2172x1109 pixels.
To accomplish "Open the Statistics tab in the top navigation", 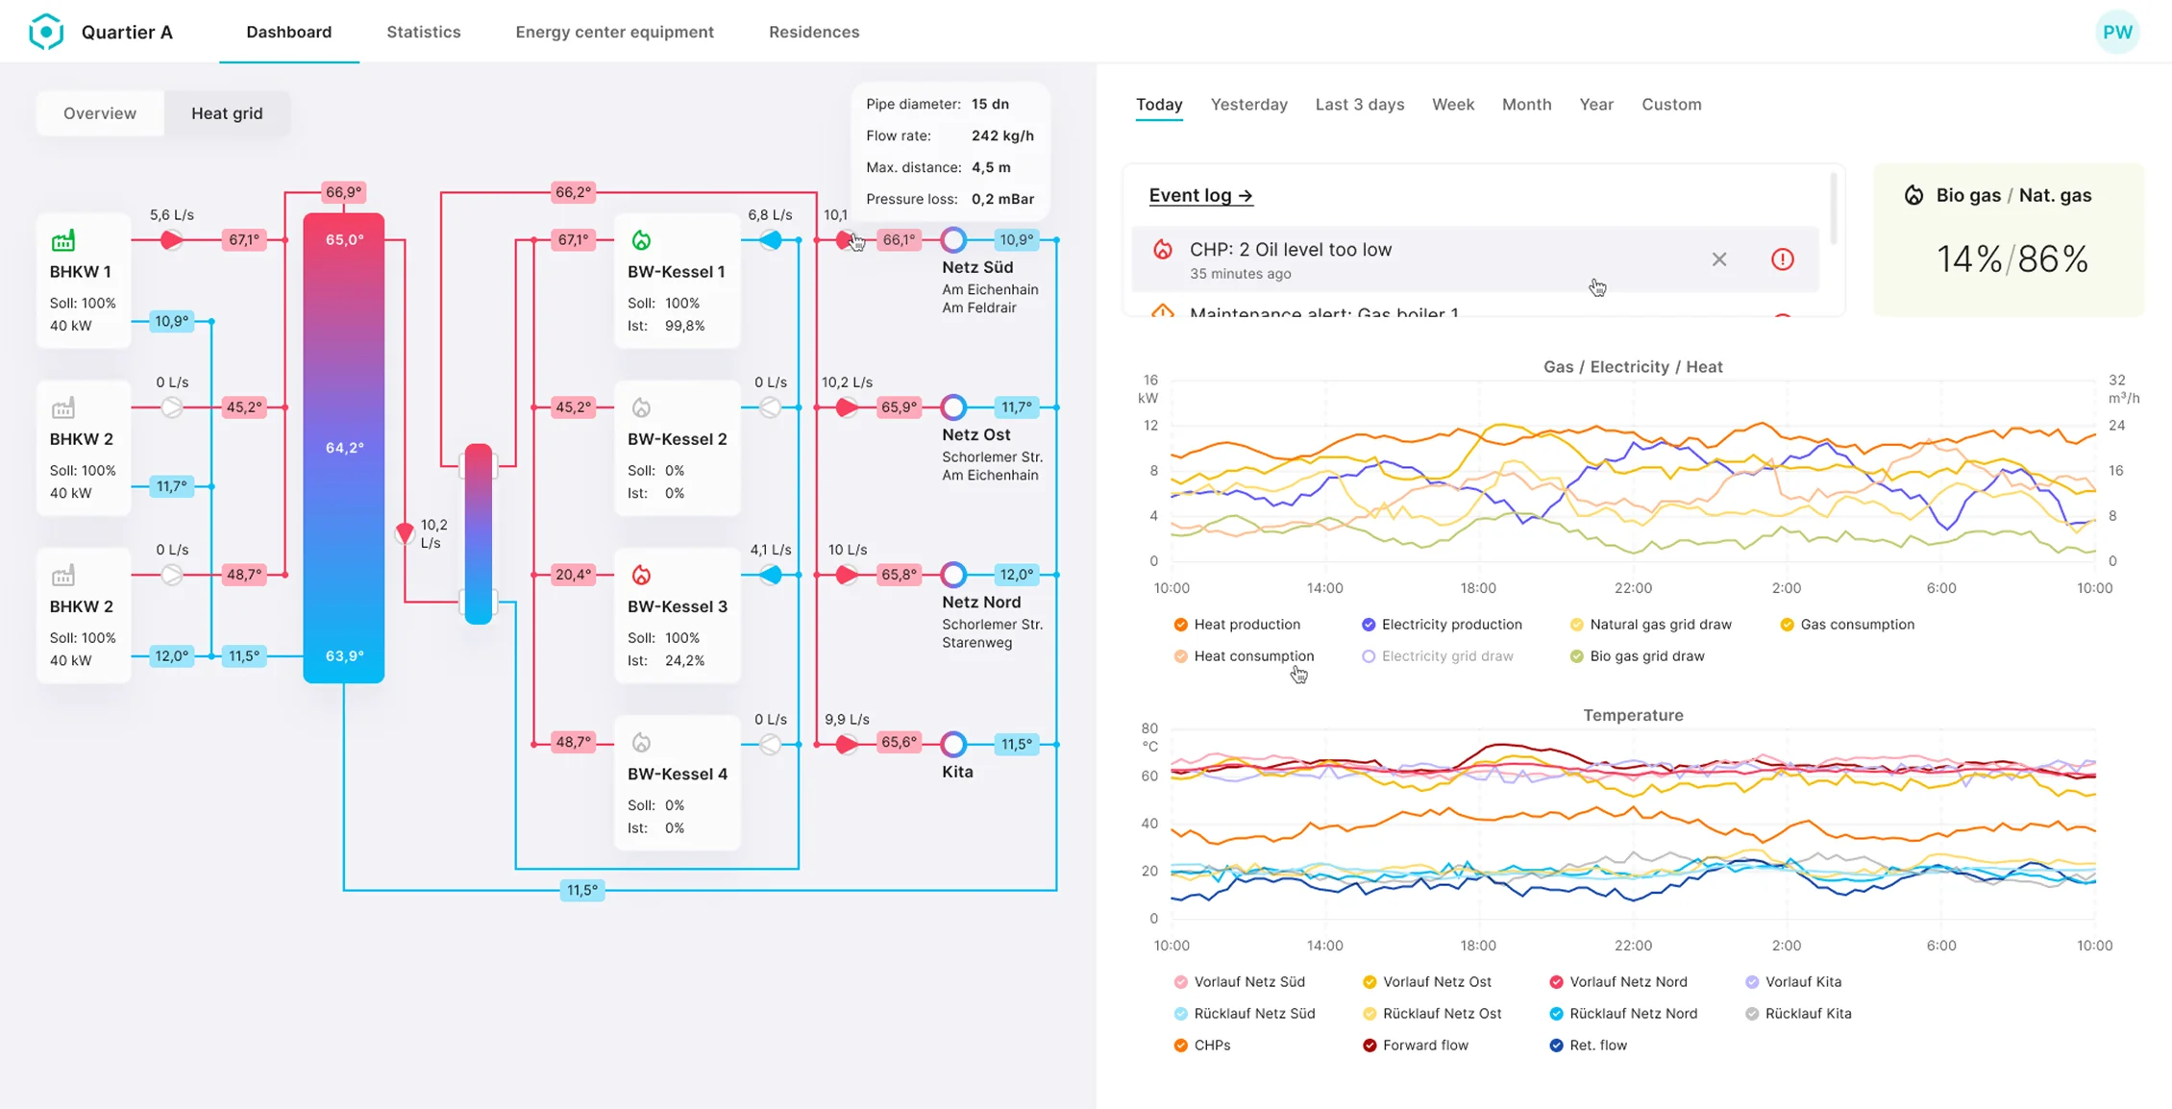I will click(x=423, y=32).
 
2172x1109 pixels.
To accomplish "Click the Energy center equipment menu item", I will click(x=614, y=32).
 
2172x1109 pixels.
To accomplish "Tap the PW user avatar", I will click(x=2116, y=32).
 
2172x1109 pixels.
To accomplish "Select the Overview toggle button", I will click(x=100, y=113).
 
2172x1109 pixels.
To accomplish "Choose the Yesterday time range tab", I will click(x=1248, y=104).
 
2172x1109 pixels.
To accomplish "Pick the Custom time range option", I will click(x=1670, y=104).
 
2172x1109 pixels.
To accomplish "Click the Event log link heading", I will click(x=1200, y=195).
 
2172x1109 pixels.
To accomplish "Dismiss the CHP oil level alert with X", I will click(x=1718, y=259).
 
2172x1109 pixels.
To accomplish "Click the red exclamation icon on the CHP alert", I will click(x=1782, y=259).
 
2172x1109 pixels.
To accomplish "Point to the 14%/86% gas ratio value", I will click(x=2012, y=259).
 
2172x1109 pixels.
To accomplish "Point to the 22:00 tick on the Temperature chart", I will click(x=1632, y=946).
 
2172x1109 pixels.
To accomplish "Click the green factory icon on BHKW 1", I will click(x=63, y=240).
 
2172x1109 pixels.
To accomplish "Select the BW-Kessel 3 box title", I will click(x=677, y=606).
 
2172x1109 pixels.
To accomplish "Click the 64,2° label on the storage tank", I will click(x=344, y=448).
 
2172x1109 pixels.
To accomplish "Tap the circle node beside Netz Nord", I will click(x=952, y=575).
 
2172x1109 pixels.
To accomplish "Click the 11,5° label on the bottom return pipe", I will click(x=581, y=890).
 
